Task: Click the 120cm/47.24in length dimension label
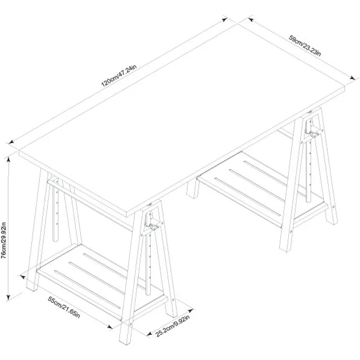[x=119, y=76]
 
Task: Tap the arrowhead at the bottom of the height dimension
[x=8, y=298]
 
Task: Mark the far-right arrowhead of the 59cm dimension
[x=352, y=78]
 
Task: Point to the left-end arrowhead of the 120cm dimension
[x=9, y=143]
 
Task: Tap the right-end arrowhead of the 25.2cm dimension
[x=192, y=310]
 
